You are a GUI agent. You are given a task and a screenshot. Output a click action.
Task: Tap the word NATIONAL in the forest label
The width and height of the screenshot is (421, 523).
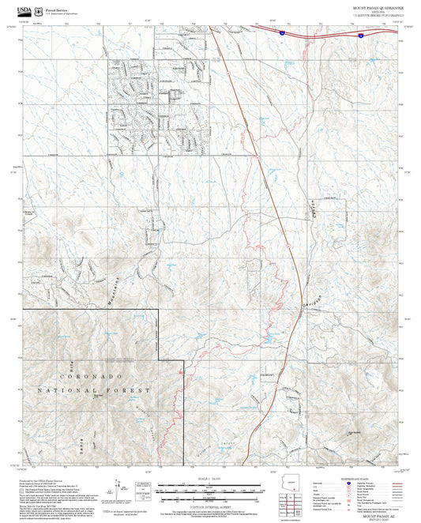coord(61,391)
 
